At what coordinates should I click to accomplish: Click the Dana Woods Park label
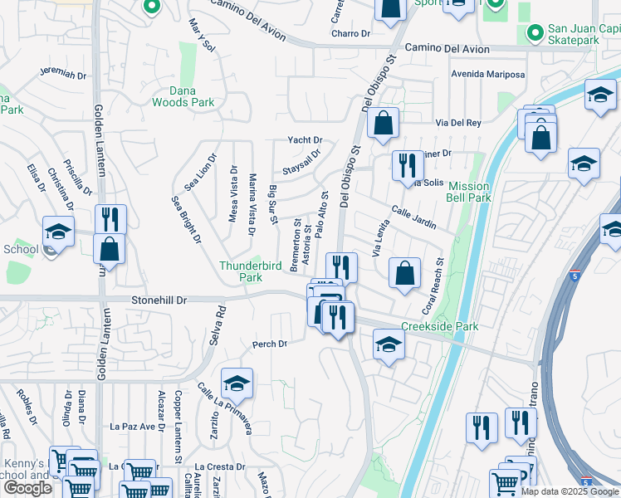pos(183,96)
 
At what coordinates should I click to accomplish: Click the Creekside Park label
pos(439,327)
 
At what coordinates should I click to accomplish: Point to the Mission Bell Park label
pos(469,192)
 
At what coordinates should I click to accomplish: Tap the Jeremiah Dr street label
pos(62,73)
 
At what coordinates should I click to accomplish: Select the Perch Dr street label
pos(270,344)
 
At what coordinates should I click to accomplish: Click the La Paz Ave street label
pos(134,427)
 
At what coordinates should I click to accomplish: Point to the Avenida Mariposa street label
pos(487,75)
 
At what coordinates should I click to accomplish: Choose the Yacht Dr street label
pos(305,140)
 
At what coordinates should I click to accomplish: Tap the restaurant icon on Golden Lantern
pos(110,220)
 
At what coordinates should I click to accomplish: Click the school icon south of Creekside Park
pos(389,344)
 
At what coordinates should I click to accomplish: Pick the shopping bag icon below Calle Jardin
pos(403,273)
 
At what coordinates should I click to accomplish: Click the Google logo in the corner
pos(27,488)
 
